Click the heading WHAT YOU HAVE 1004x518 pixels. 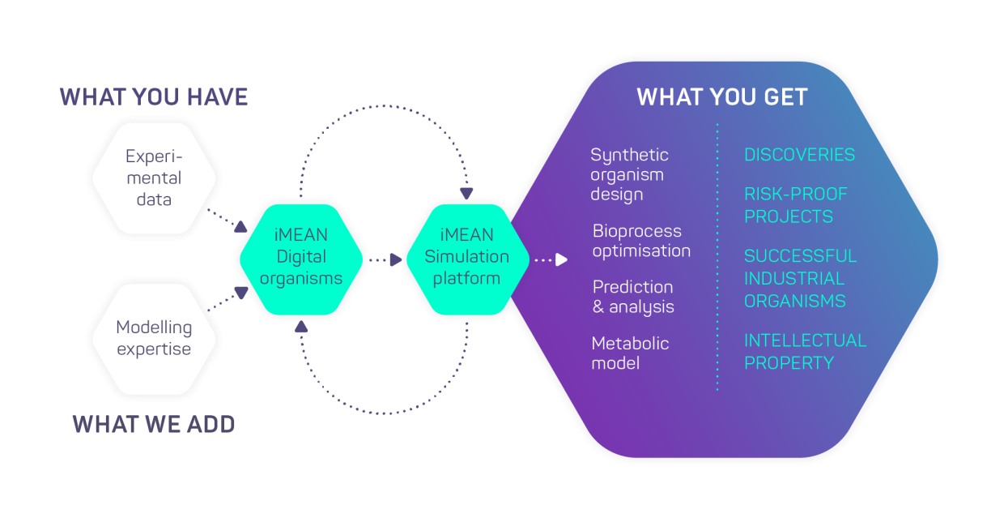click(x=154, y=97)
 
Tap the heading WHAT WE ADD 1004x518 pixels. click(x=154, y=424)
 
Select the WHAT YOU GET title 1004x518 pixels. click(x=722, y=97)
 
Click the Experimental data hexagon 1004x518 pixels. click(x=154, y=178)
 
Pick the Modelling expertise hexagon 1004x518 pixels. click(x=154, y=338)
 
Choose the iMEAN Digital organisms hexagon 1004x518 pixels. click(x=301, y=257)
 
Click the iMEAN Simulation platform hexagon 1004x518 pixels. click(x=466, y=257)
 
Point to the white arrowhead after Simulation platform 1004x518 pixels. click(x=561, y=259)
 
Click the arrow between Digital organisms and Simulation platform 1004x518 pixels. click(x=395, y=259)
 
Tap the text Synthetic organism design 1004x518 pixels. click(x=629, y=174)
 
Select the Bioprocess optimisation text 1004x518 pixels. click(x=640, y=241)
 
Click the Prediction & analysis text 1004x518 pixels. click(x=633, y=297)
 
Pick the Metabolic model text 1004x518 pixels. click(x=630, y=353)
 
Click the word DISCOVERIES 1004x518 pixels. click(x=799, y=155)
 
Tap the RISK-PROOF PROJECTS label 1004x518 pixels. click(x=795, y=205)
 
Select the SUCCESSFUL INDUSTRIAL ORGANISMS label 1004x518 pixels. click(x=799, y=278)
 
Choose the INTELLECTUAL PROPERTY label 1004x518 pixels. click(x=805, y=351)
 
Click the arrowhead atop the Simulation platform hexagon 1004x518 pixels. click(x=466, y=194)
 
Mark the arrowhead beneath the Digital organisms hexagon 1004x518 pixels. click(x=301, y=326)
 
